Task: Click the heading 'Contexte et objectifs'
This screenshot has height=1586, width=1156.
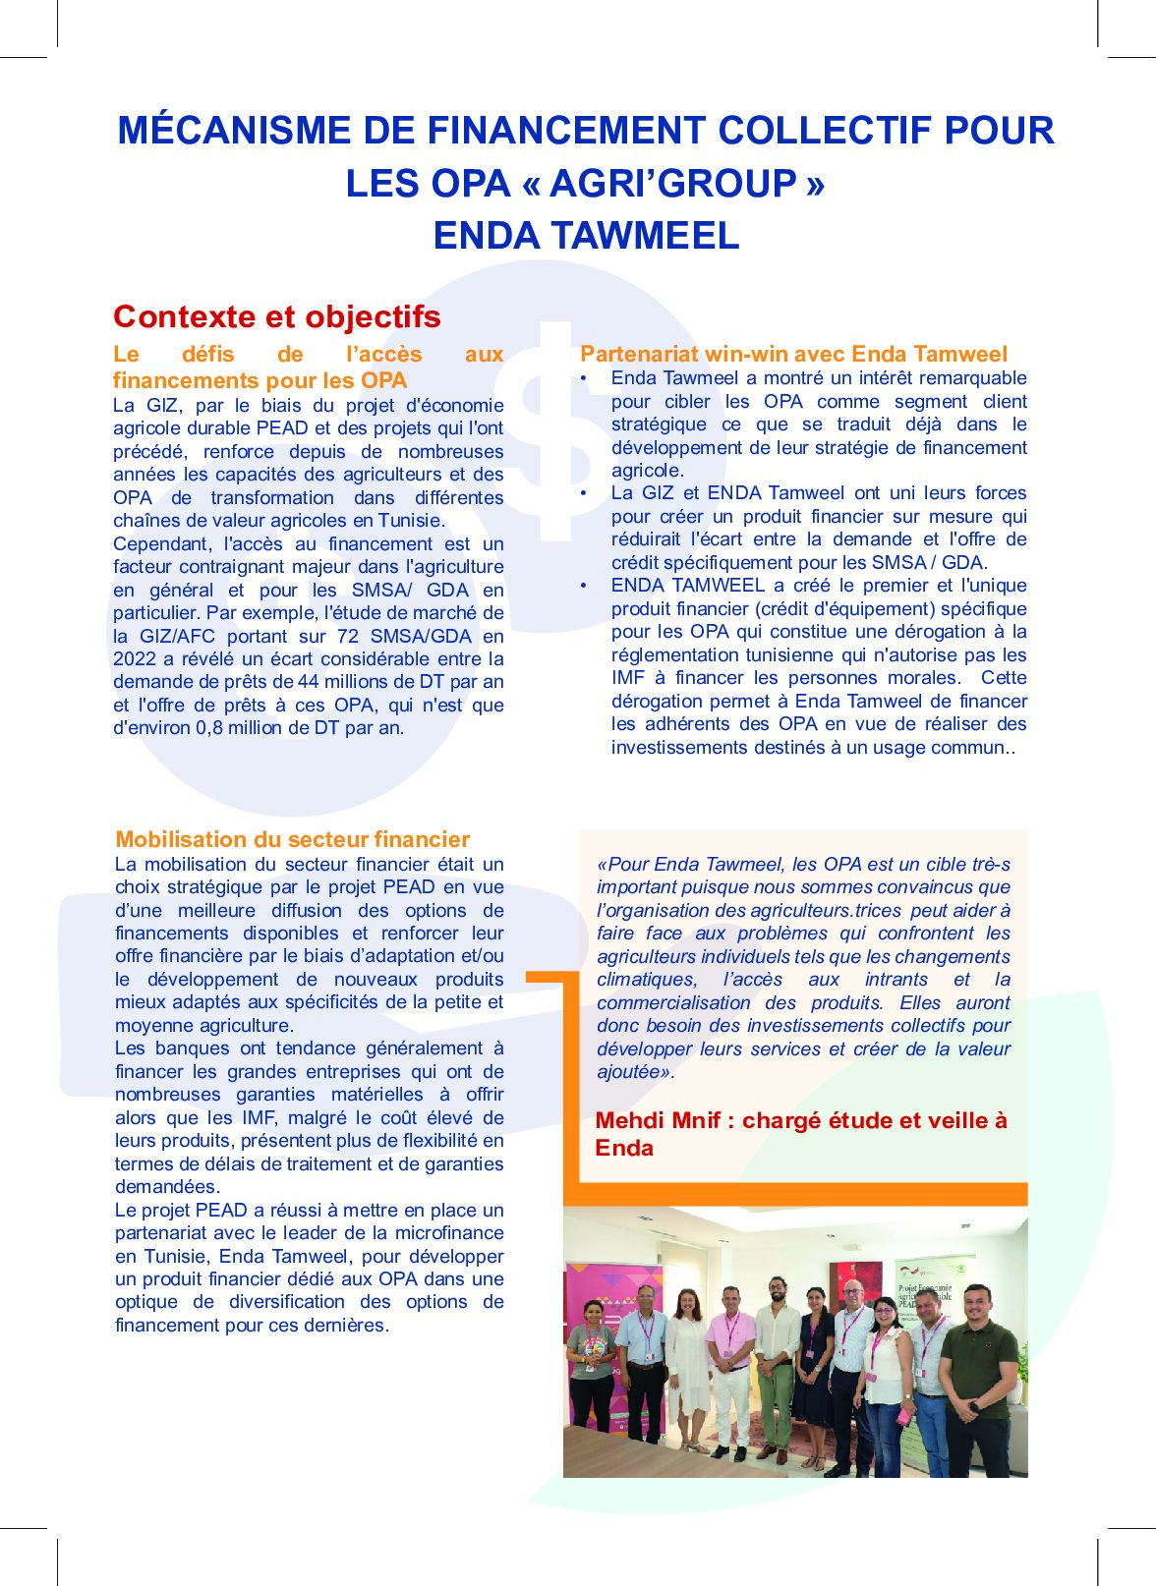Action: tap(277, 316)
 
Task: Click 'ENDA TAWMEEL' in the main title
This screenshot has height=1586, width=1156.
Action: tap(586, 236)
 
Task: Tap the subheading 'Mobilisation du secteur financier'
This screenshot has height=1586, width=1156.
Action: tap(292, 839)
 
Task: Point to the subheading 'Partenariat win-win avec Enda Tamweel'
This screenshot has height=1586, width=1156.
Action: tap(793, 354)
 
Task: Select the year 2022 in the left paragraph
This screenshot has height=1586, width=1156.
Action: tap(135, 658)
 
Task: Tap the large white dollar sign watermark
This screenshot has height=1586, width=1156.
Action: tap(555, 432)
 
